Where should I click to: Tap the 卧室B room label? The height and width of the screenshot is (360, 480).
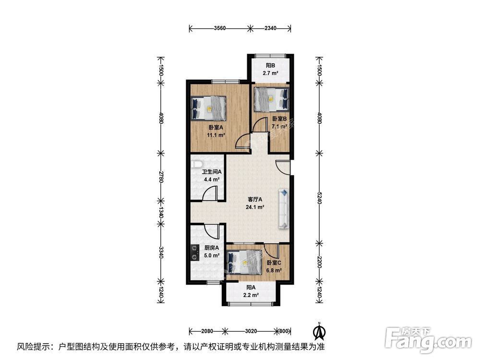279,119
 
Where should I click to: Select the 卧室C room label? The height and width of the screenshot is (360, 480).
274,263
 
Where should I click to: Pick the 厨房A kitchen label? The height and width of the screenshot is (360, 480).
212,248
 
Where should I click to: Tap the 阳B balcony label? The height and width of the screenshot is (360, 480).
270,66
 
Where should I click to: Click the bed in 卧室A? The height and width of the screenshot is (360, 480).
209,108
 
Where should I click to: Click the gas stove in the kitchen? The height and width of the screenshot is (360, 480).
194,252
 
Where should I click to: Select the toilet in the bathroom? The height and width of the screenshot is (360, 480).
196,163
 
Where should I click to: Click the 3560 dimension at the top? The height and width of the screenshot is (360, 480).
219,28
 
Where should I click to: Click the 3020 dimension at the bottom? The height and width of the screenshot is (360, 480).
251,331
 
